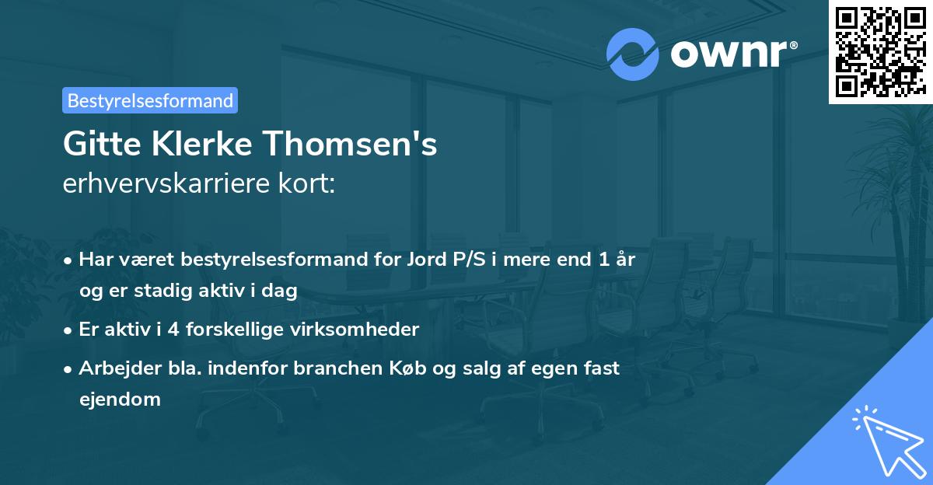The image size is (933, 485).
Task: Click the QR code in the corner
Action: pyautogui.click(x=880, y=51)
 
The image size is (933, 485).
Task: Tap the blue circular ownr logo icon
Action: pyautogui.click(x=632, y=53)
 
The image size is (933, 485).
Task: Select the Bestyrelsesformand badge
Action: pyautogui.click(x=150, y=100)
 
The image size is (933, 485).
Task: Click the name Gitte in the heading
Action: pyautogui.click(x=96, y=145)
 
